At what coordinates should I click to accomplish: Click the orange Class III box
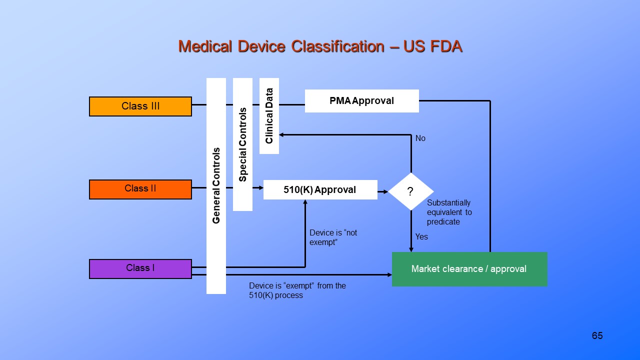coord(140,106)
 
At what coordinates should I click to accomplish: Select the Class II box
coord(140,189)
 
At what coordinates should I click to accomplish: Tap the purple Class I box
coord(140,268)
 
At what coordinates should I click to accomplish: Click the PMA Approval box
coord(361,101)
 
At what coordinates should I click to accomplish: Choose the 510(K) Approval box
coord(320,190)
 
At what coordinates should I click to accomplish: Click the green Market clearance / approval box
coord(469,269)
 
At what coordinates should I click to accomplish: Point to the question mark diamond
coord(411,191)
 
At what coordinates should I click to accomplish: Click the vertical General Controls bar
coord(216,185)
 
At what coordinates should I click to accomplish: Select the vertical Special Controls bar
coord(242,144)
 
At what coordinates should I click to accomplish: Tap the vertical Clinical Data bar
coord(269,116)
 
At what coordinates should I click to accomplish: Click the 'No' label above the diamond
coord(420,138)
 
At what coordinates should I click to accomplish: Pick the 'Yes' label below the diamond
coord(421,236)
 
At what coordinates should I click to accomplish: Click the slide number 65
coord(597,335)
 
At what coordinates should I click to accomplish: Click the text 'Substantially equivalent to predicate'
coord(449,212)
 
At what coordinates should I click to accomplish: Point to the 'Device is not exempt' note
coord(333,237)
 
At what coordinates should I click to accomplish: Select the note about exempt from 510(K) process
coord(297,290)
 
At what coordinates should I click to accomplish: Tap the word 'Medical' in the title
coord(205,46)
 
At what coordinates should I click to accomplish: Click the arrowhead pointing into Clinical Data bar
coord(282,135)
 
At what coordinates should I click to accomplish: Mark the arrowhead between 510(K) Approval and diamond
coord(385,191)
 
